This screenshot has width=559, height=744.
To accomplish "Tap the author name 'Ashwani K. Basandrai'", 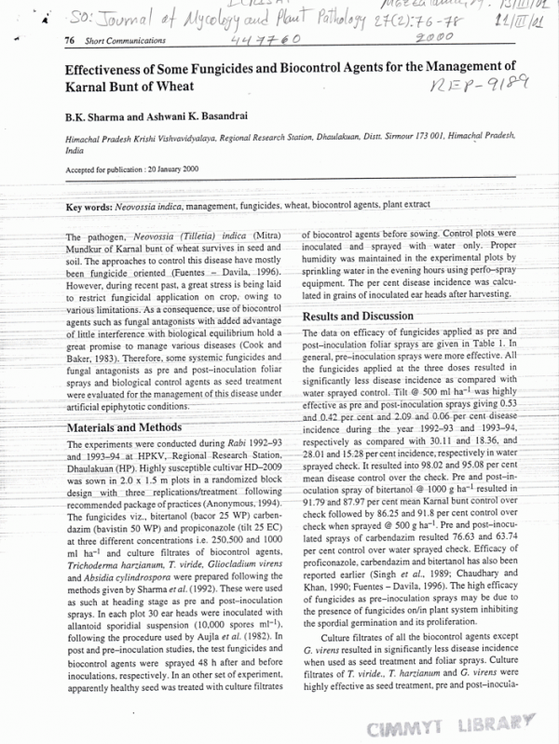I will click(197, 117).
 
